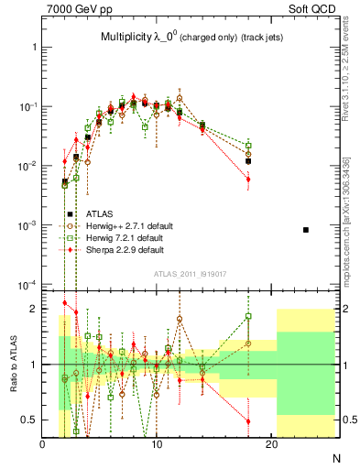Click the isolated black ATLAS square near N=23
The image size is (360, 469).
306,230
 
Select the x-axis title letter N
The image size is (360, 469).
335,456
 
